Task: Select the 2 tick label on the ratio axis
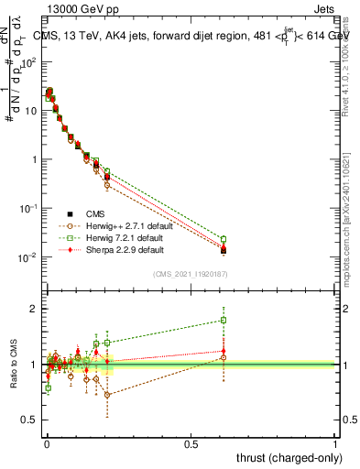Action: click(35, 309)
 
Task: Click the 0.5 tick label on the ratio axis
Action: click(31, 420)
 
